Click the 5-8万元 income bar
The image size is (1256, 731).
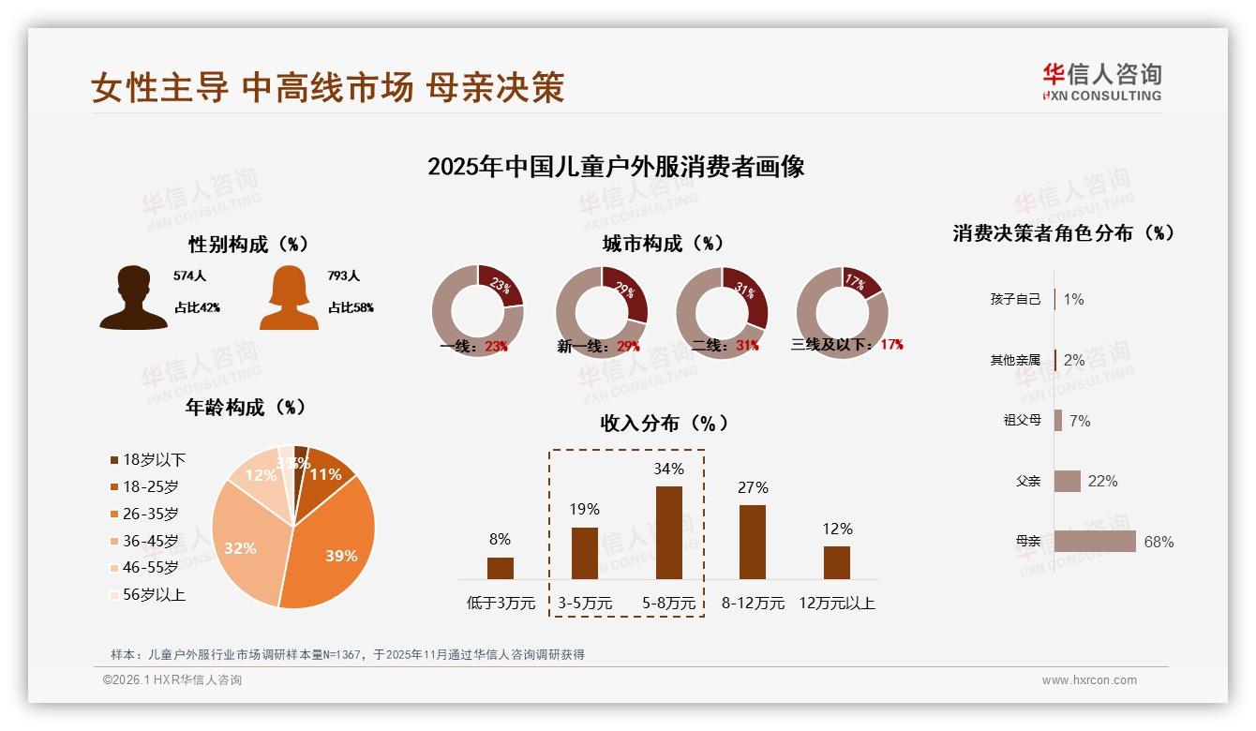tap(668, 532)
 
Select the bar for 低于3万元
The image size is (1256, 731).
tap(501, 568)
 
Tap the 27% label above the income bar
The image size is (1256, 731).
tap(753, 487)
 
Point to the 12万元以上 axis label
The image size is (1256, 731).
tap(836, 604)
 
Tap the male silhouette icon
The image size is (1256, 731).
tap(133, 298)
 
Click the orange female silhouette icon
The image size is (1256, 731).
tap(289, 298)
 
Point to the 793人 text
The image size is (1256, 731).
tap(343, 276)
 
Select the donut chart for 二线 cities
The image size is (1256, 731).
tap(722, 312)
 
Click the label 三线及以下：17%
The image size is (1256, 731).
tap(846, 345)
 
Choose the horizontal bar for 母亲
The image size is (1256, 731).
tap(1095, 542)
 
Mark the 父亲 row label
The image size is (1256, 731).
tap(1028, 481)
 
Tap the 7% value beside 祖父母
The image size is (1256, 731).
tap(1080, 421)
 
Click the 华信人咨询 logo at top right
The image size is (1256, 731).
tap(1101, 82)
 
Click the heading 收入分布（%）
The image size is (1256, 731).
tap(664, 423)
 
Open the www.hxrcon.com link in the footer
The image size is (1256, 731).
tap(1089, 680)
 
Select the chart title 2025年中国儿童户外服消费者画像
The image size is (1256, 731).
tap(616, 167)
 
